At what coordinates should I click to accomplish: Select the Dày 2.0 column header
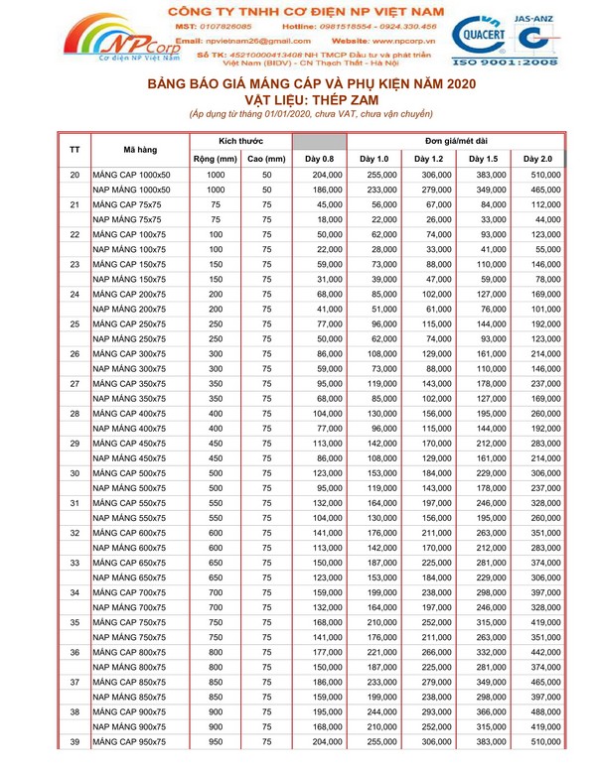pyautogui.click(x=538, y=159)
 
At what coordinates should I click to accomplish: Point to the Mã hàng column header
pyautogui.click(x=140, y=150)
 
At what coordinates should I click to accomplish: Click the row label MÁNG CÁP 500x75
pyautogui.click(x=130, y=474)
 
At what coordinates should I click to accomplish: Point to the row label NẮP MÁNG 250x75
pyautogui.click(x=130, y=339)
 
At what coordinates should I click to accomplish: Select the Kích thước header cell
pyautogui.click(x=241, y=141)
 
